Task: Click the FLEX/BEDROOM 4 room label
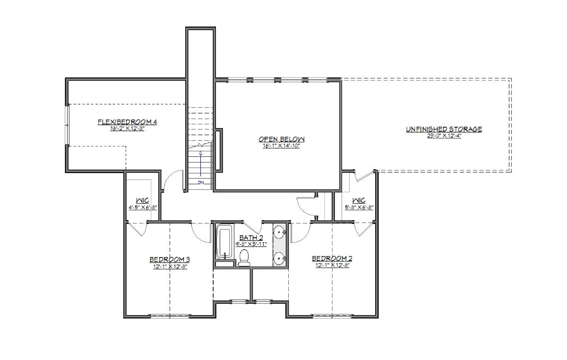[x=127, y=122]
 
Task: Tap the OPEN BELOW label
[x=282, y=139]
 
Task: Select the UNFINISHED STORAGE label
[x=444, y=129]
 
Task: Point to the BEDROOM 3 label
[x=170, y=259]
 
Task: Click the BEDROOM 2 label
[x=332, y=258]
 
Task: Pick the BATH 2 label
[x=251, y=238]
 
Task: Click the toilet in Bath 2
[x=244, y=258]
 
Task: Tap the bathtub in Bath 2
[x=224, y=241]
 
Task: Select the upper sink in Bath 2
[x=279, y=232]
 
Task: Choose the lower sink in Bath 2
[x=279, y=258]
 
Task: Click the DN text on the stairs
[x=201, y=182]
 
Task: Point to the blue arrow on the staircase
[x=201, y=163]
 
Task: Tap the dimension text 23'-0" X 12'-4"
[x=444, y=136]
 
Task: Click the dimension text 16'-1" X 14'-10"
[x=282, y=146]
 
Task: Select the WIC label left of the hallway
[x=143, y=201]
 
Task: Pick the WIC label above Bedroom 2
[x=359, y=200]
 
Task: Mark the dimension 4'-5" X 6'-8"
[x=143, y=207]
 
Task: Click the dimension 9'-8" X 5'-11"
[x=251, y=244]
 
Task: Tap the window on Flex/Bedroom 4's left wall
[x=67, y=125]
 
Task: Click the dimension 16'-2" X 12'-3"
[x=127, y=129]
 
